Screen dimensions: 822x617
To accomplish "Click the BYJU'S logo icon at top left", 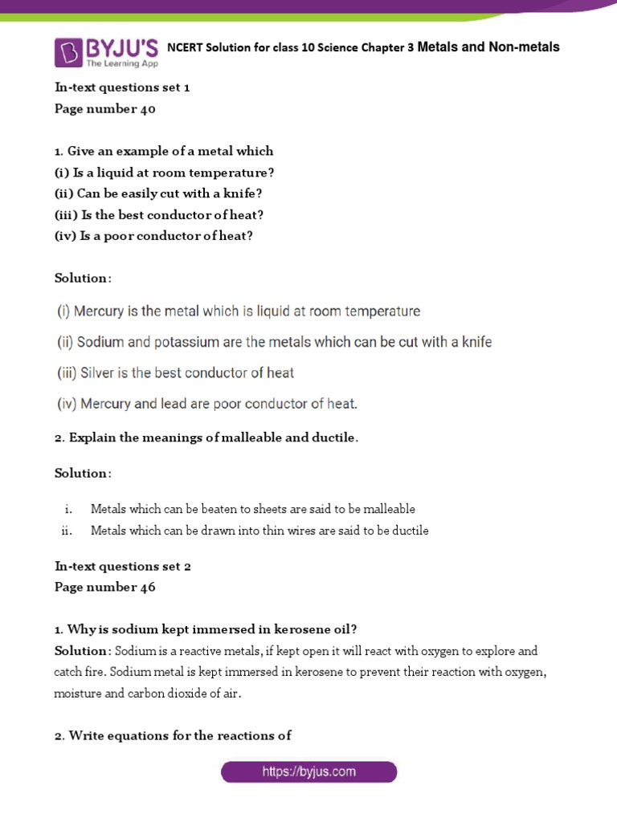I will (x=68, y=51).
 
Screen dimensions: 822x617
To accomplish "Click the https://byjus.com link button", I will (x=308, y=772).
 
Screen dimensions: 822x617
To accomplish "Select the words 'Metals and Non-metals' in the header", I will (x=488, y=47).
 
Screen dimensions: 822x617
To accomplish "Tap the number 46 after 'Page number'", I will (x=146, y=587).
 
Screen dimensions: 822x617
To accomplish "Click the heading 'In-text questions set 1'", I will (x=122, y=87).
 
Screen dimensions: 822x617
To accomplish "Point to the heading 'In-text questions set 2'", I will (x=122, y=566).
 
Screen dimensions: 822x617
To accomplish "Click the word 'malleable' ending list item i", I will (x=388, y=509).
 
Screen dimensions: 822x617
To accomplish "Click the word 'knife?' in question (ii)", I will (x=245, y=193).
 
